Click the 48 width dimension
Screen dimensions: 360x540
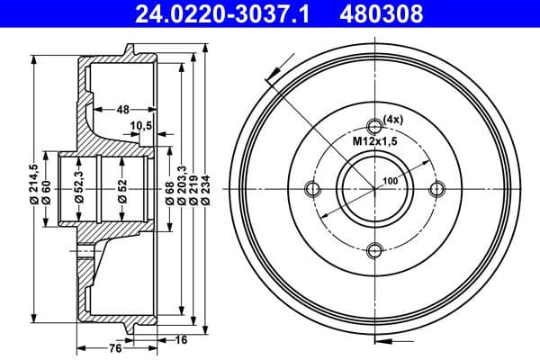[x=123, y=108]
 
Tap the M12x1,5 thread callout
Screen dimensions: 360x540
[x=374, y=140]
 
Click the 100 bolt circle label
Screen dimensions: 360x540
[x=390, y=181]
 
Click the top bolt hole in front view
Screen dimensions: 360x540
[x=376, y=126]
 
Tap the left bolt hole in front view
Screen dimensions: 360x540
[x=313, y=188]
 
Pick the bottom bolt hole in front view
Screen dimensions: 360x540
[x=376, y=251]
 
